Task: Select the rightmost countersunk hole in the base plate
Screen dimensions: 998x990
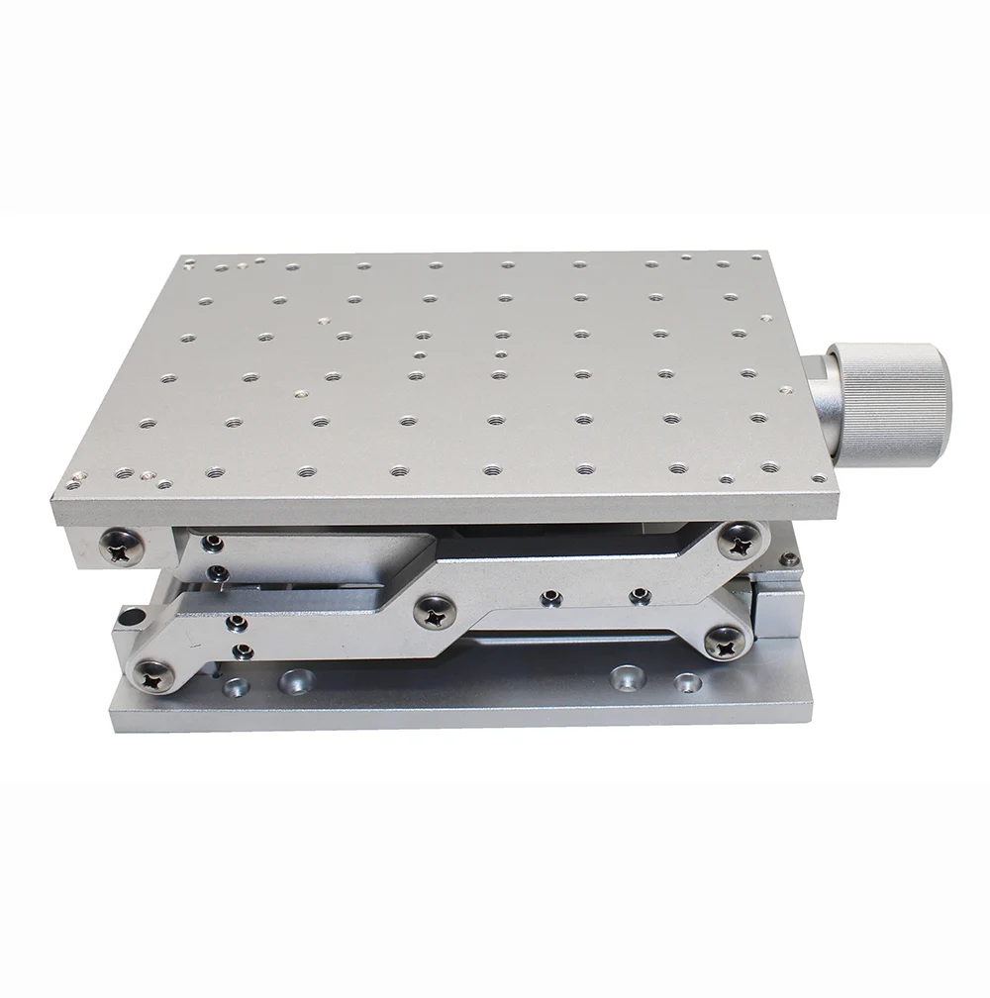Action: (x=687, y=683)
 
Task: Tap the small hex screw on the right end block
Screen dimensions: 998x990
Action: (x=787, y=559)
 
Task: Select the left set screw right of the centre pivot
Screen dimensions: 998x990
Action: (x=547, y=597)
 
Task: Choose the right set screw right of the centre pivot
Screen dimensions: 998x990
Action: (x=639, y=594)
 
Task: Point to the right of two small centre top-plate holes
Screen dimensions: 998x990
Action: (x=501, y=353)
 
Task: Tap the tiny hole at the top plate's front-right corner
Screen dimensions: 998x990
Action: (x=726, y=479)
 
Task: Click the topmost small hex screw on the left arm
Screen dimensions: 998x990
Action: (x=210, y=543)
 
